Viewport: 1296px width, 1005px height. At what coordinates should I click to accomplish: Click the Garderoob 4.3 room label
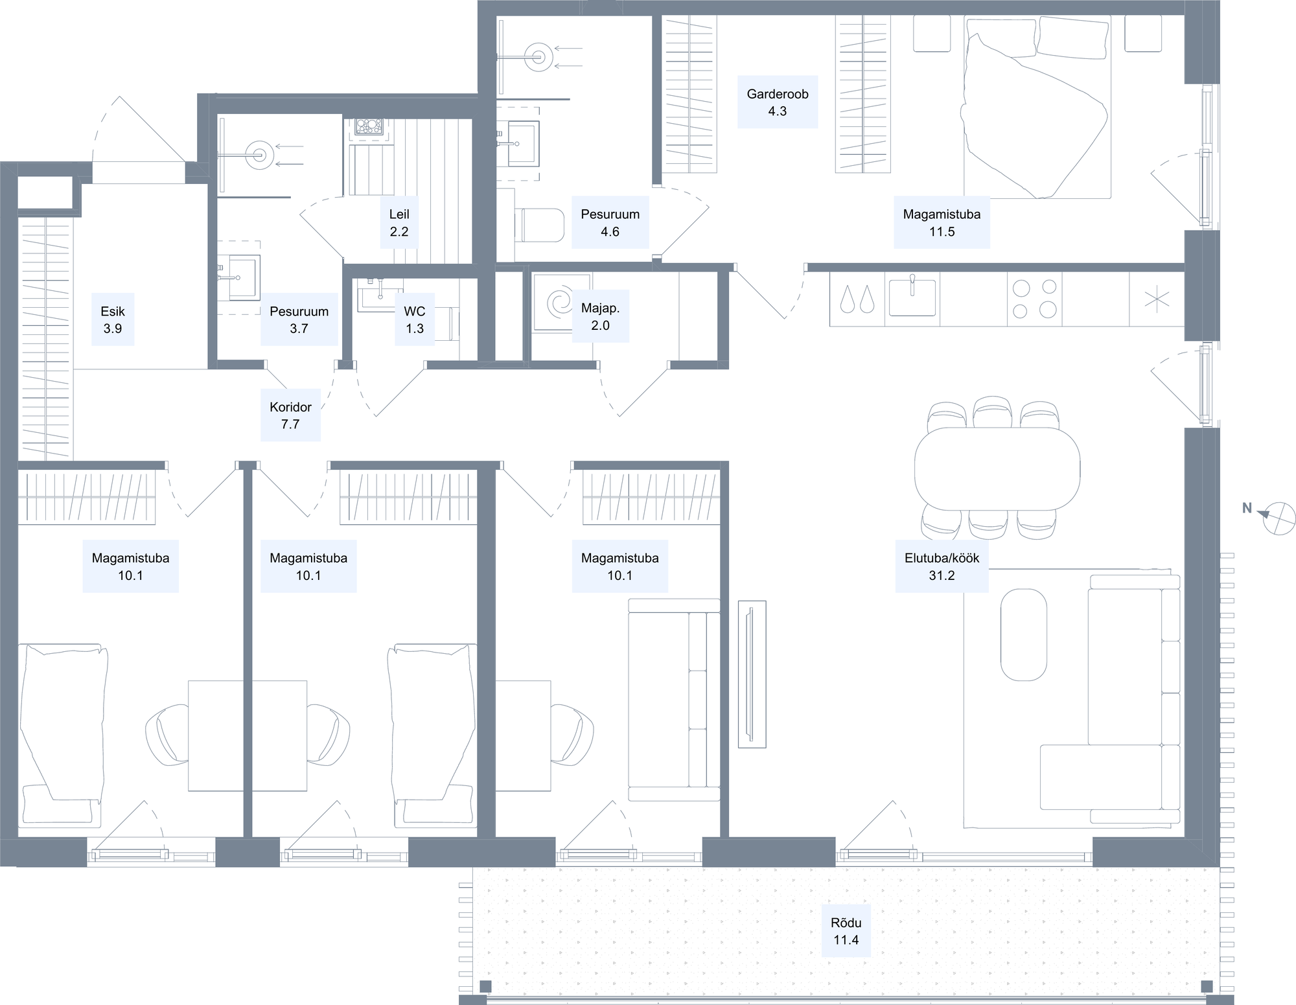pyautogui.click(x=777, y=102)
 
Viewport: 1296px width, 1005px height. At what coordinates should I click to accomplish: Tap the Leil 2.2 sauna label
pyautogui.click(x=399, y=222)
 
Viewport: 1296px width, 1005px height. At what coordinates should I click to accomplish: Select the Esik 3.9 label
pyautogui.click(x=113, y=319)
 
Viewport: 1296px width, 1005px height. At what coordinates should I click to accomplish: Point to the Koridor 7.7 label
pyautogui.click(x=290, y=415)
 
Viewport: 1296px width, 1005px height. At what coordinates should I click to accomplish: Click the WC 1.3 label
pyautogui.click(x=415, y=319)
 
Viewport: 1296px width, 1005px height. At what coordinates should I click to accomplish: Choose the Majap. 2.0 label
pyautogui.click(x=600, y=316)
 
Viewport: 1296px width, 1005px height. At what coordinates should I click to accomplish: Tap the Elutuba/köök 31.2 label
pyautogui.click(x=942, y=566)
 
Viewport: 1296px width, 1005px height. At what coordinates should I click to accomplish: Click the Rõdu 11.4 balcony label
pyautogui.click(x=846, y=931)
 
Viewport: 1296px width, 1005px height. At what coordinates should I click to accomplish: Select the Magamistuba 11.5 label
pyautogui.click(x=942, y=222)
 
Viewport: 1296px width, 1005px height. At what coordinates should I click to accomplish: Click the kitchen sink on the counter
pyautogui.click(x=912, y=297)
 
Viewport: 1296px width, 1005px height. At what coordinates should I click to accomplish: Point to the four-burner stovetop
pyautogui.click(x=1034, y=299)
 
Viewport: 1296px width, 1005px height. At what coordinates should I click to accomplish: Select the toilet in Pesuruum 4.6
pyautogui.click(x=539, y=225)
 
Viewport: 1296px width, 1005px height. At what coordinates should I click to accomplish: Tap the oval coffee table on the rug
pyautogui.click(x=1024, y=634)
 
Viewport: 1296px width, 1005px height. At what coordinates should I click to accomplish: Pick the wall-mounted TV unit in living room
pyautogui.click(x=752, y=674)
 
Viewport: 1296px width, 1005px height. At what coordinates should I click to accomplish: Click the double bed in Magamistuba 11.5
pyautogui.click(x=1037, y=107)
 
